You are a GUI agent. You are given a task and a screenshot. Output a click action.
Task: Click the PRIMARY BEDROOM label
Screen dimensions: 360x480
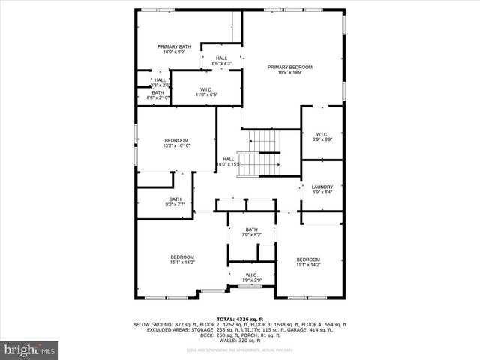(290, 67)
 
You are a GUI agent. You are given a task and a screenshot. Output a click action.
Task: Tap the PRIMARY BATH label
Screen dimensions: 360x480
(174, 46)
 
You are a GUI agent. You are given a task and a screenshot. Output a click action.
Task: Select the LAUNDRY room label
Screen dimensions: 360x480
(322, 187)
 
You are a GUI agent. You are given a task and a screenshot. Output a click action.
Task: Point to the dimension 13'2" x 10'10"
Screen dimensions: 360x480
(176, 146)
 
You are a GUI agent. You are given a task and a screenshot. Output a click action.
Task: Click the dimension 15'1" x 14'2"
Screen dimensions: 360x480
(181, 262)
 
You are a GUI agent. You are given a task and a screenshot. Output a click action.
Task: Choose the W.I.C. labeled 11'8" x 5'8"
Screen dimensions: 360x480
(206, 90)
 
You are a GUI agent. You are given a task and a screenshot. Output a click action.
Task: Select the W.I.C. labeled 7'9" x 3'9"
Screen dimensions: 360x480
(251, 277)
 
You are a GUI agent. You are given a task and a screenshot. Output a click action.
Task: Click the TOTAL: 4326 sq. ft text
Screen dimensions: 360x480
(240, 319)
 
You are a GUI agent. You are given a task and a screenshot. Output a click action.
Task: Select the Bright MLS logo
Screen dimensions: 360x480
(30, 349)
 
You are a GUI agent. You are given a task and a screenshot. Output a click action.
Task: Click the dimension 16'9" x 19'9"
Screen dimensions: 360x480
(290, 73)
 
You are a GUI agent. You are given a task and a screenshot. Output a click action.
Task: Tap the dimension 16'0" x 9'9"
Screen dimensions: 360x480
(174, 52)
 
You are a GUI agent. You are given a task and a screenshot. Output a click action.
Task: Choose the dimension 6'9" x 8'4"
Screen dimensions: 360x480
(322, 193)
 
